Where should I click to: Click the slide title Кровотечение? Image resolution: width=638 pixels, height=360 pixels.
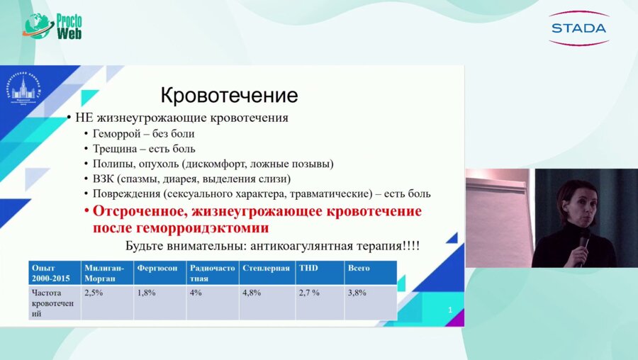pos(228,95)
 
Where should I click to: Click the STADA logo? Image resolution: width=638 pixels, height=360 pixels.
pos(578,28)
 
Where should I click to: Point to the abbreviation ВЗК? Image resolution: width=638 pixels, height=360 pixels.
pos(103,179)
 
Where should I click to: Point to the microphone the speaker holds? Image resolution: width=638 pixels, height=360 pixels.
pos(584,240)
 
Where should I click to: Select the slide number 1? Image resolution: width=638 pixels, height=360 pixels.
pos(449,310)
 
